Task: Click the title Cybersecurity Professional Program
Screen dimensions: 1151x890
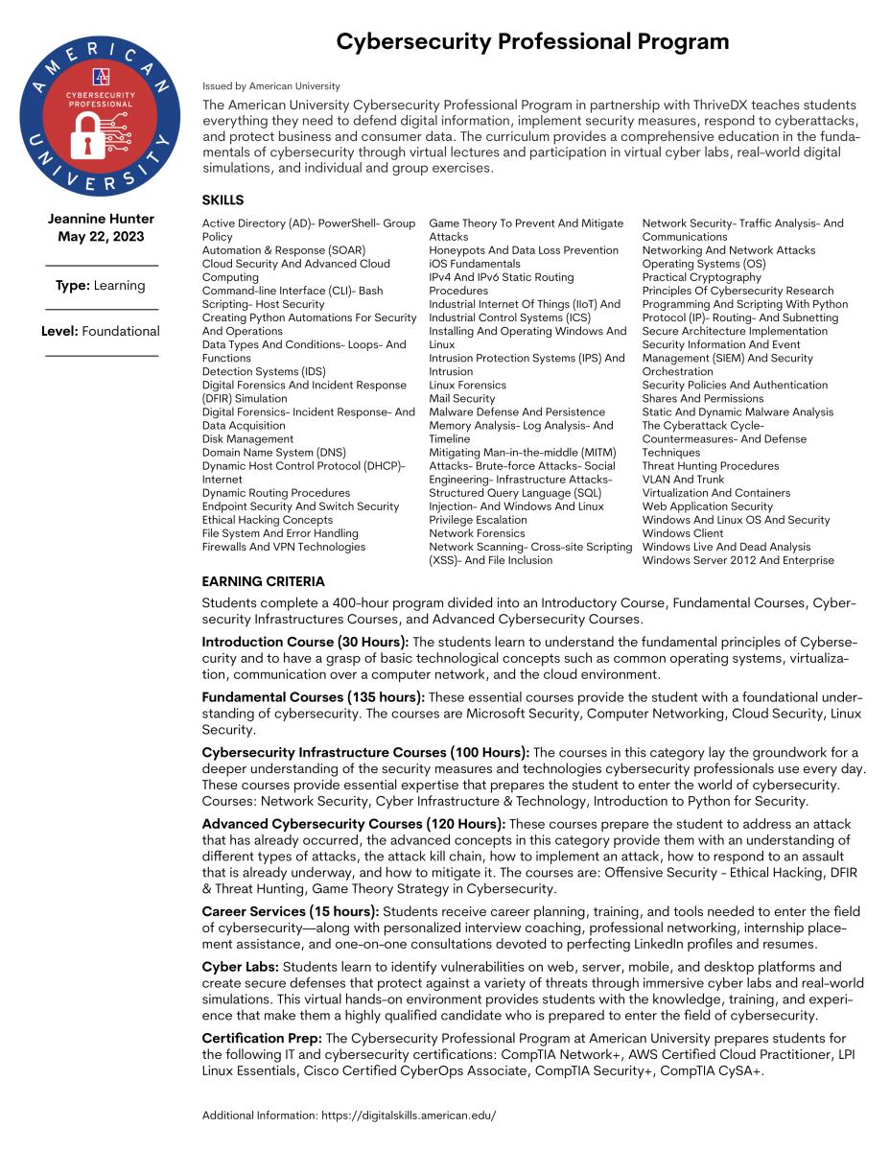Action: [x=532, y=41]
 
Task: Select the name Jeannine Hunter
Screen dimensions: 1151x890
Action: [x=101, y=219]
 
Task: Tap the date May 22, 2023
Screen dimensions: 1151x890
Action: [x=101, y=237]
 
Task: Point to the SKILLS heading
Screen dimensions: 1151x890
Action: [x=222, y=200]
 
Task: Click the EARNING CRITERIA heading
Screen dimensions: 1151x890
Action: [x=263, y=581]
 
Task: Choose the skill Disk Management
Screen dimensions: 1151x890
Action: [x=247, y=438]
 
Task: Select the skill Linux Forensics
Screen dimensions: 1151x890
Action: [x=467, y=385]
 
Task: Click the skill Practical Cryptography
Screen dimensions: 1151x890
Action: [x=701, y=277]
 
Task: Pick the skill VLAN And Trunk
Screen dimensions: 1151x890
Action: [x=683, y=479]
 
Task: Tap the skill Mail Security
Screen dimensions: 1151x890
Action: [x=461, y=398]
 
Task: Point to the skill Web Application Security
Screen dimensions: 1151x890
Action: [x=707, y=505]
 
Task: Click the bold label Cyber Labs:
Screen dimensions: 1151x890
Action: [x=239, y=967]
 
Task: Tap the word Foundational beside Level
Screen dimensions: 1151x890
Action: [x=121, y=331]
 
